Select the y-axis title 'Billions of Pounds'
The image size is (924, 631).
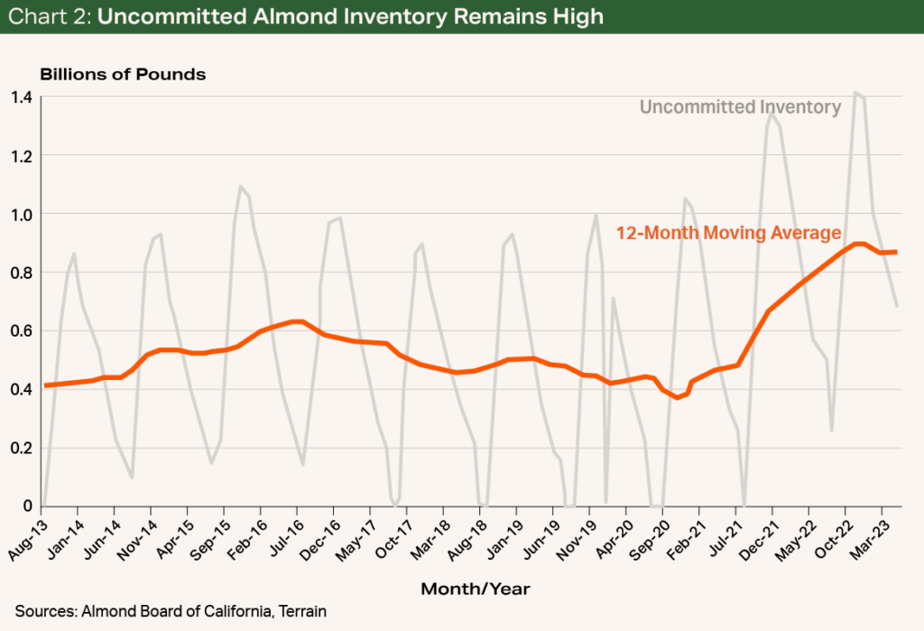[x=122, y=74]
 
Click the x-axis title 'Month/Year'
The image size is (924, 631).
[x=475, y=589]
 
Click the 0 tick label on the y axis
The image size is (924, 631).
[x=27, y=506]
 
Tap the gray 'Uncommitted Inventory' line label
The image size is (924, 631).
[x=740, y=107]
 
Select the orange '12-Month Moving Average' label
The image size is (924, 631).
[x=728, y=233]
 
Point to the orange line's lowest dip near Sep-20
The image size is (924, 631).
[x=678, y=397]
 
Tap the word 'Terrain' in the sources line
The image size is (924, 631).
[x=300, y=611]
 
